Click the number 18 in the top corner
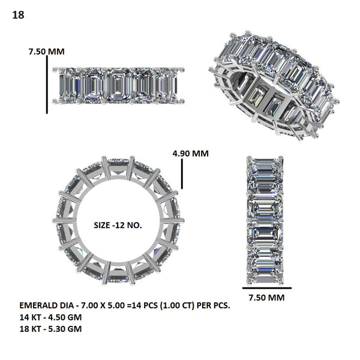tap(18, 15)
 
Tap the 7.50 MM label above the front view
tap(46, 52)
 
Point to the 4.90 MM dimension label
tap(190, 153)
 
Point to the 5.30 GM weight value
tap(65, 328)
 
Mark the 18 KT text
tap(29, 328)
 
